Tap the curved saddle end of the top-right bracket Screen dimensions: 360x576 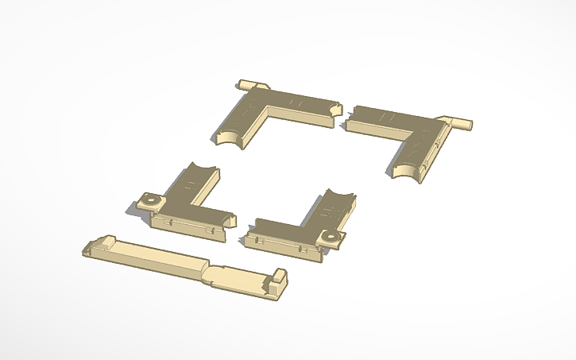[x=406, y=172]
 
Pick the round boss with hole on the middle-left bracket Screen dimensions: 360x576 [x=148, y=200]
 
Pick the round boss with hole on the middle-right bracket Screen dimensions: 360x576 [x=330, y=237]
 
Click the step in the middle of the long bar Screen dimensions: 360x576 [x=209, y=273]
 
